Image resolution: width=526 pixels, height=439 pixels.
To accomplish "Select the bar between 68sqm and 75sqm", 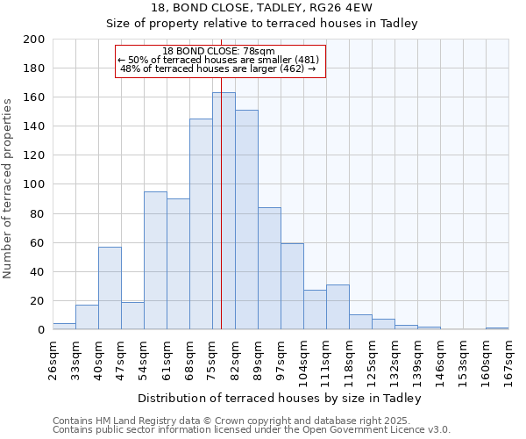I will [x=201, y=224].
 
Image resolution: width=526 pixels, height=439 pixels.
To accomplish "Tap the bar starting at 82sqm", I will [x=246, y=219].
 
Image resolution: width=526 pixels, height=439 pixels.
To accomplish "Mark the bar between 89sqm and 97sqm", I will [x=269, y=269].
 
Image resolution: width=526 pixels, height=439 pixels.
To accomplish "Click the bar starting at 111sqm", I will [x=338, y=307].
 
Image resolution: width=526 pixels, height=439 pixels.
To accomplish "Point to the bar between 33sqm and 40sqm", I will [x=87, y=317].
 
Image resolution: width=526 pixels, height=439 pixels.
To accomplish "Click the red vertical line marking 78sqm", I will [x=221, y=263].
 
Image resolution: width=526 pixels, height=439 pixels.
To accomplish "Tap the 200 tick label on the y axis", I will [x=34, y=40].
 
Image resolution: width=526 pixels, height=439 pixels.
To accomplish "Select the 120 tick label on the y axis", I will [x=34, y=155].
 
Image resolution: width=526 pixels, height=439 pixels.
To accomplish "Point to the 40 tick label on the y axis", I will [x=38, y=272].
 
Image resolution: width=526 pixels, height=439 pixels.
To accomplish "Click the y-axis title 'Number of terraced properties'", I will [x=8, y=188].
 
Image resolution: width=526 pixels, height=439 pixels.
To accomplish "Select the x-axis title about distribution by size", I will [x=280, y=398].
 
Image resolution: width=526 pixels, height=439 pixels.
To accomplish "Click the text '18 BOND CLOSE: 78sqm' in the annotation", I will [x=219, y=51].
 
